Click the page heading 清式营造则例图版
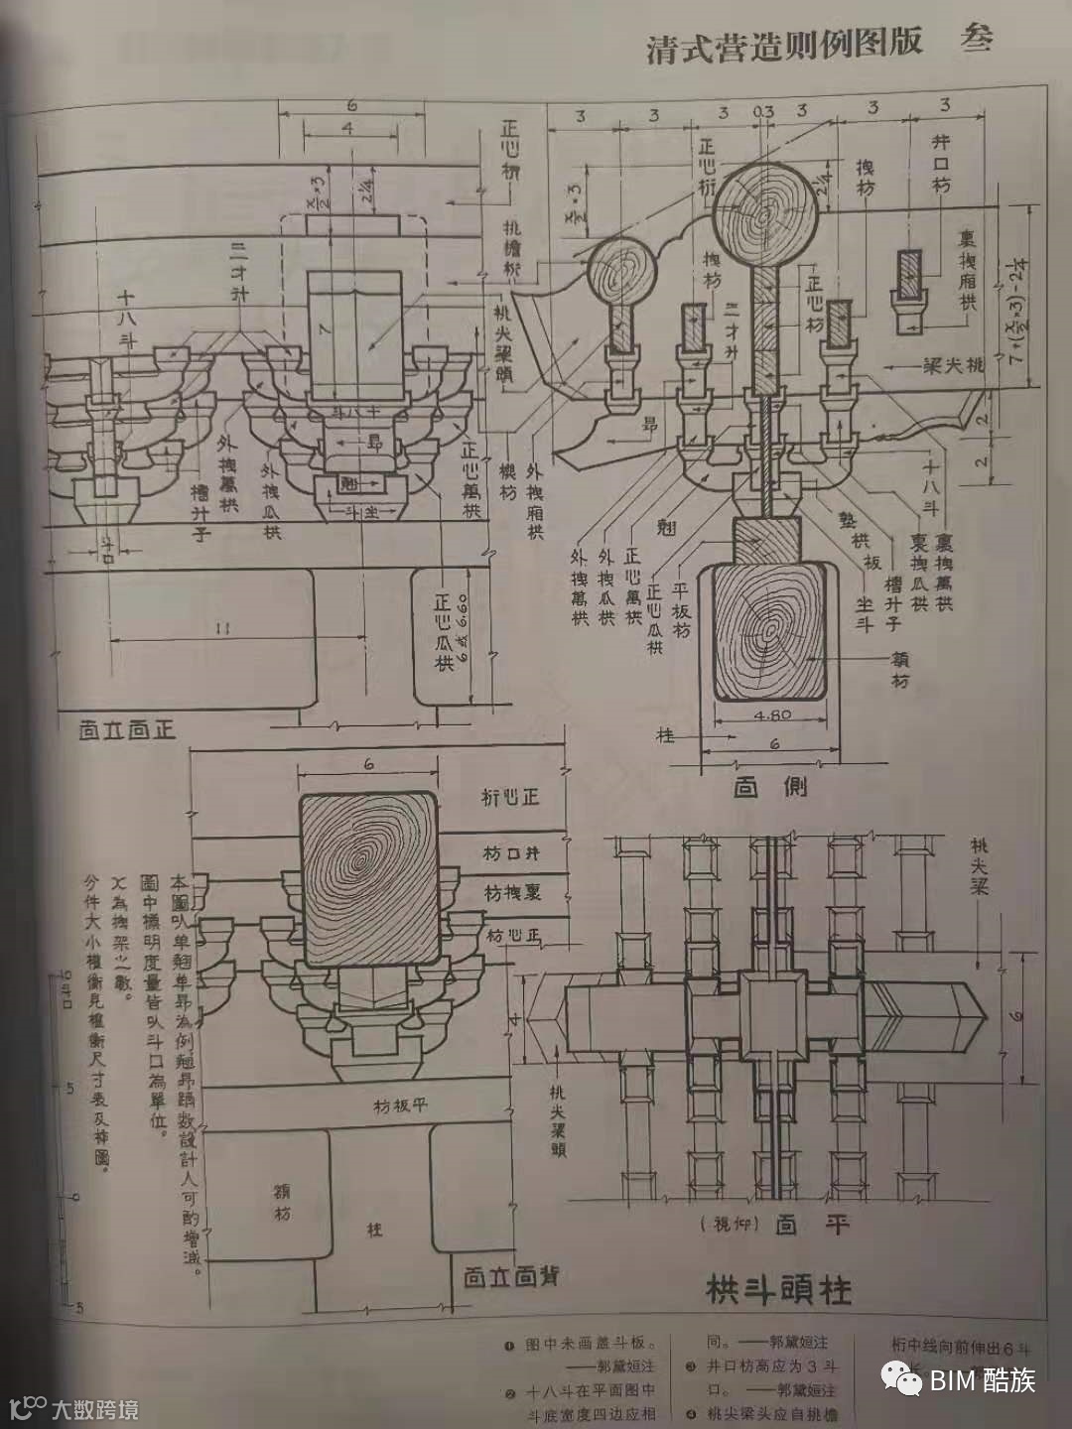point(784,45)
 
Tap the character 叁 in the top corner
point(977,40)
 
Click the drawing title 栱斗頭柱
point(778,1290)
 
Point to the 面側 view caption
point(770,787)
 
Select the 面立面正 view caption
point(127,730)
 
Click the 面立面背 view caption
point(510,1276)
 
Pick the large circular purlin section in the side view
point(765,212)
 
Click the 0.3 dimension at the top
point(762,112)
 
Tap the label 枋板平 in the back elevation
point(400,1105)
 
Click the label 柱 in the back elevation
point(374,1230)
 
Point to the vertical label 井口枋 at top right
point(941,164)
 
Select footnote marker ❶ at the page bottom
point(508,1345)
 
